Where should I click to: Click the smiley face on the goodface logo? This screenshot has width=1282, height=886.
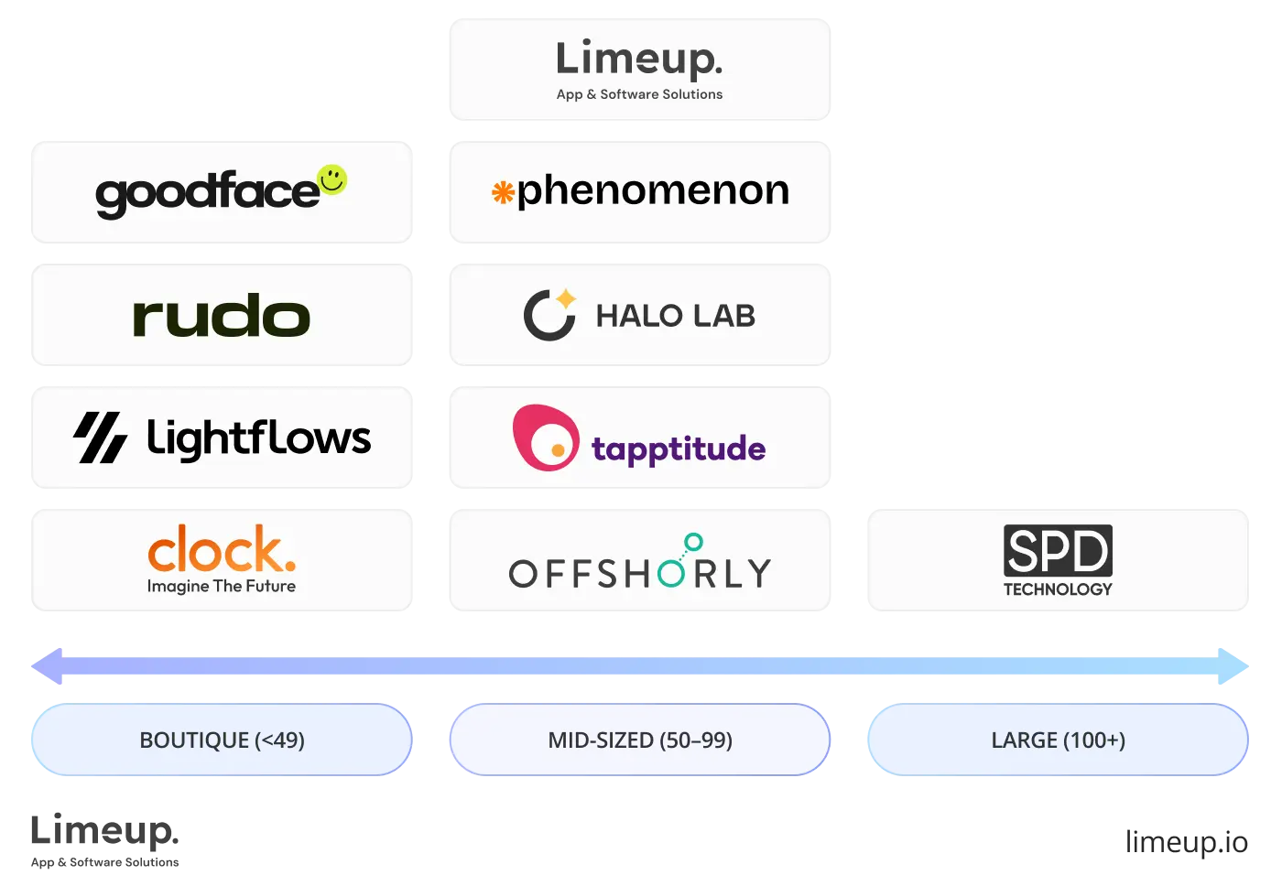coord(331,179)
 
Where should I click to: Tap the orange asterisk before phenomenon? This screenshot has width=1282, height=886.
coord(503,192)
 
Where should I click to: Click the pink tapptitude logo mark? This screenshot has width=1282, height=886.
coord(546,438)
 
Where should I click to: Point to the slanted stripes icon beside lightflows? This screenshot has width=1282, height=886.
coord(100,438)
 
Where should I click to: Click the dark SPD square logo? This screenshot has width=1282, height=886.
coord(1058,550)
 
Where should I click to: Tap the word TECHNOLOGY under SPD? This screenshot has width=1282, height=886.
coord(1058,589)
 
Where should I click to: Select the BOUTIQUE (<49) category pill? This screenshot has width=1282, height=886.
coord(222,740)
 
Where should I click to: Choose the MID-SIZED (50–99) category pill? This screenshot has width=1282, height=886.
coord(640,740)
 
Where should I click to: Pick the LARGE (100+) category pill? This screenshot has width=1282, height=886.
coord(1058,740)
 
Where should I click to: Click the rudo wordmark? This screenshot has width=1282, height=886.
coord(222,317)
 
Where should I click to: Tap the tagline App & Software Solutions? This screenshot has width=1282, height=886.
coord(639,94)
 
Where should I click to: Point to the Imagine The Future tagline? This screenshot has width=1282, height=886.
coord(222,587)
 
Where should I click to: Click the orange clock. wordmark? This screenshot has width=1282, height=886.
coord(222,549)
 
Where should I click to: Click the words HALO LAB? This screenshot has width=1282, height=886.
coord(675,316)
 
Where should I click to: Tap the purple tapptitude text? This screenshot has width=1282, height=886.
coord(679,449)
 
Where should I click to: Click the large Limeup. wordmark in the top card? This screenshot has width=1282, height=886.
coord(639,59)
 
